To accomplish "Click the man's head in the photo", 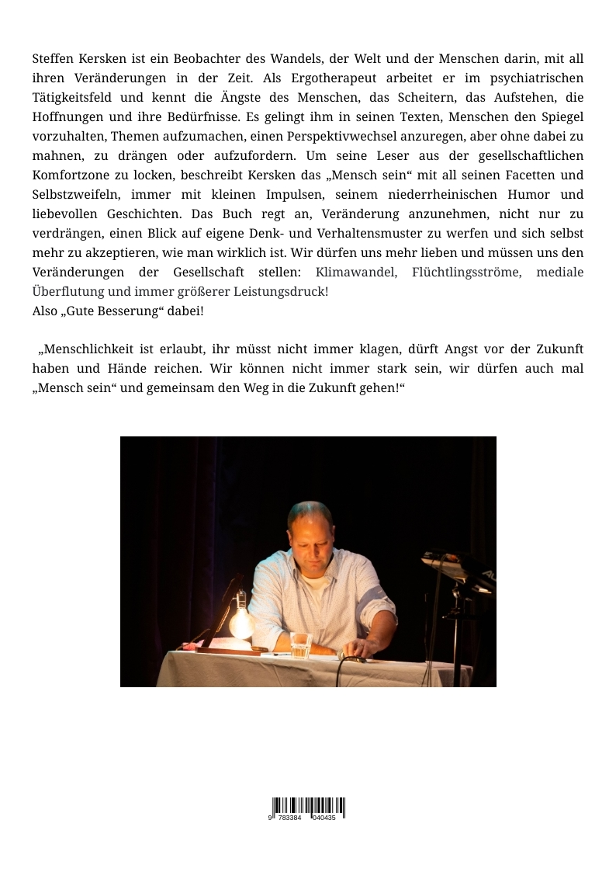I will click(310, 528).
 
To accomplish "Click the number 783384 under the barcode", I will click(289, 818).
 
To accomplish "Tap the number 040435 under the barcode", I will click(324, 818).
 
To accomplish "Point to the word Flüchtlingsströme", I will click(466, 273).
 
